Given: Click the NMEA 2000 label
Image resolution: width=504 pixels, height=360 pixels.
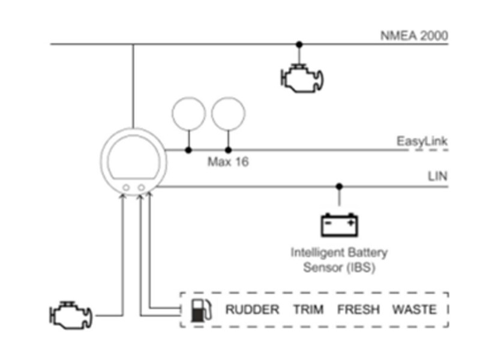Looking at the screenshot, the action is pos(414,35).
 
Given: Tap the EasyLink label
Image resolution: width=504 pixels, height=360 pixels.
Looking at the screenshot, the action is pos(422,142).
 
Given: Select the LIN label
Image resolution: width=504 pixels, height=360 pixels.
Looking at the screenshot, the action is pos(437,176).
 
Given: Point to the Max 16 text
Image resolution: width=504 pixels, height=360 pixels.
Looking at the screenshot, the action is pos(228,161).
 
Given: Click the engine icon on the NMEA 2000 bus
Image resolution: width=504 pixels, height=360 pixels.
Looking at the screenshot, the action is pos(302,79).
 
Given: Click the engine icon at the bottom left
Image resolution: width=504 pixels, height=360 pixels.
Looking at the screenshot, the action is pos(71,316).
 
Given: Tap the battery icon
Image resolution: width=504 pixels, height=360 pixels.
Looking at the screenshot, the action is pos(339,224).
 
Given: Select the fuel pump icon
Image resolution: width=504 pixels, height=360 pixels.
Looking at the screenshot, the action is pos(201,310).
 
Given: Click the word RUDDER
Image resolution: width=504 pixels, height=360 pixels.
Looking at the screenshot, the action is pos(253,310).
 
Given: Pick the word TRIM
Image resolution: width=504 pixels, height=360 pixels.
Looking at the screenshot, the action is pos(308,310).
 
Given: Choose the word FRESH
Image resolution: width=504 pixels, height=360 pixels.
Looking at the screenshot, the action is pos(358,310).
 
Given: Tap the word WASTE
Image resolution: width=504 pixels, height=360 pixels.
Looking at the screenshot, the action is pos(415,310).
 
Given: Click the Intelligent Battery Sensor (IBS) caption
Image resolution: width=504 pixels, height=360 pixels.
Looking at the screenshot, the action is pos(339,260).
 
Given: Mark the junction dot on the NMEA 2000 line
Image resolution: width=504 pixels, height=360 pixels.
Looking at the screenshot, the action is pos(299,44).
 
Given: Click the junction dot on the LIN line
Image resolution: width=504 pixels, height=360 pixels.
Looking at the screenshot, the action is pos(339,187).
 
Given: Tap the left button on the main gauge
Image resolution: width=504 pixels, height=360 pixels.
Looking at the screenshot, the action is pos(127,188).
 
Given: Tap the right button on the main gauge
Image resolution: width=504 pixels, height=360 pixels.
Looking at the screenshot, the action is pos(141,187).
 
